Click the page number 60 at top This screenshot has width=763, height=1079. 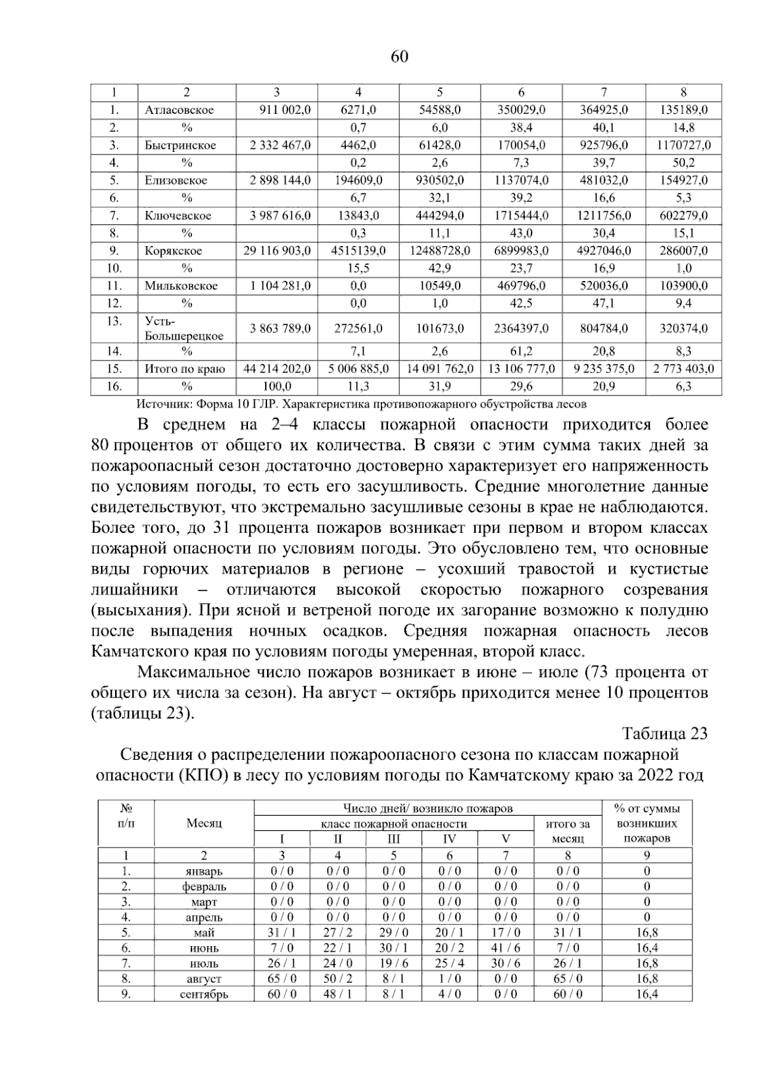(399, 57)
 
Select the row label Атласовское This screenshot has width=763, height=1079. (179, 110)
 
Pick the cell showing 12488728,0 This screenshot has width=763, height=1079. (440, 251)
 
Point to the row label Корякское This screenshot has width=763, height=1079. (173, 251)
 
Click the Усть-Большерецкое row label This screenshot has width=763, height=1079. (184, 329)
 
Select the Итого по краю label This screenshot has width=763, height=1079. (184, 369)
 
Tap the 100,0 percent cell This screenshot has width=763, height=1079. (277, 386)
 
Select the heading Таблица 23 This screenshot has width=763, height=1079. (664, 734)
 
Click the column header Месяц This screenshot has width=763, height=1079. (204, 823)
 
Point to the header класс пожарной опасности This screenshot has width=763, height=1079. (394, 824)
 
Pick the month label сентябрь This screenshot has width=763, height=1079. (204, 994)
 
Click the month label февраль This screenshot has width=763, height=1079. (204, 886)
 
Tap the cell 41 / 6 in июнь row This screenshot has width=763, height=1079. (505, 948)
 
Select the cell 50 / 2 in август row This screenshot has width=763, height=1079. (338, 979)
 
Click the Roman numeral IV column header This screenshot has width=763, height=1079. (450, 839)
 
